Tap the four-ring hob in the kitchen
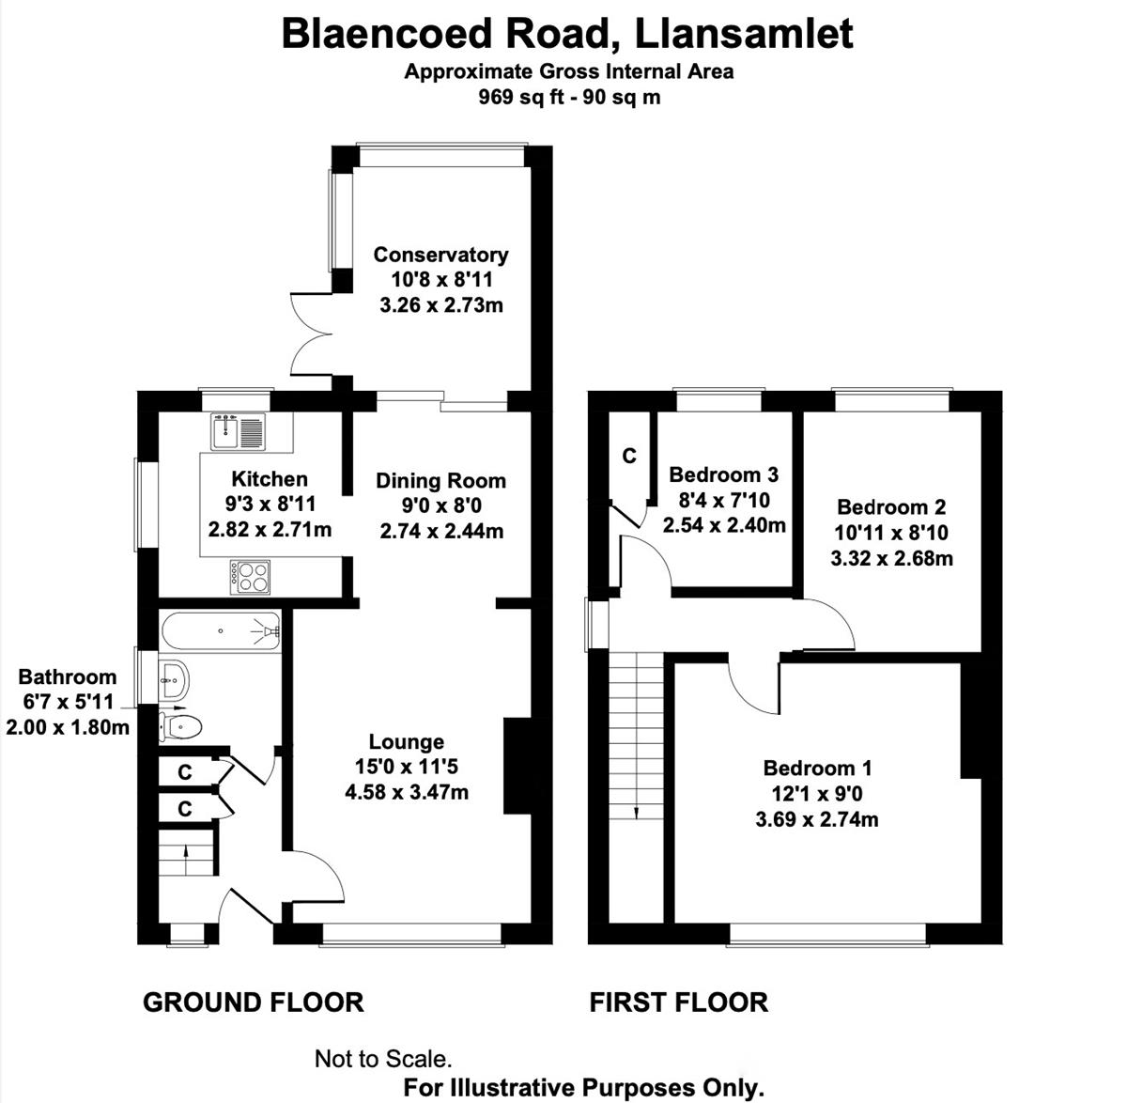pos(250,576)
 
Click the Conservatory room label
pos(440,255)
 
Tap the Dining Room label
pos(440,481)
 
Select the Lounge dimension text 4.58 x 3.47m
pos(407,792)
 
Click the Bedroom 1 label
pos(817,769)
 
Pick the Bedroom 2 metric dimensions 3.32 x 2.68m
pos(891,559)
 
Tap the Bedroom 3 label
pos(723,475)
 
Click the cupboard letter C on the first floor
pos(629,456)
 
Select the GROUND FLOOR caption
pos(253,1002)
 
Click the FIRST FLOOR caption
pos(678,1002)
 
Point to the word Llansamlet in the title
pos(744,34)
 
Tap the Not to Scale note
pos(383,1059)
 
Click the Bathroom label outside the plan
pos(68,676)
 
